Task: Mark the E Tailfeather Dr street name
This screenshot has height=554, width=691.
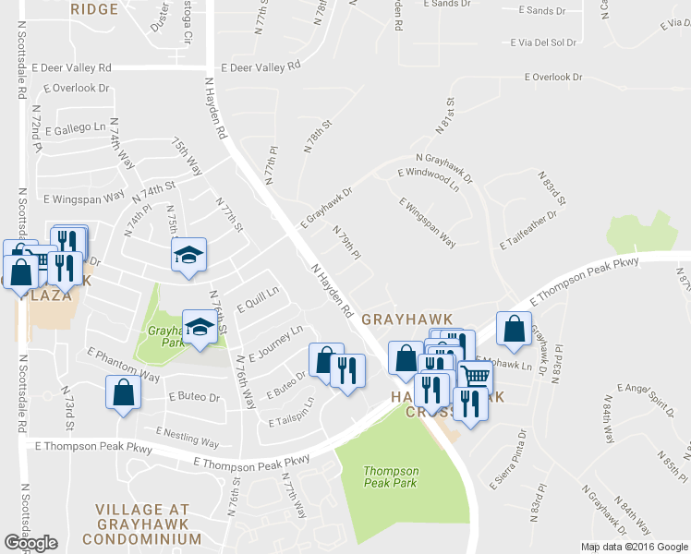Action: [528, 230]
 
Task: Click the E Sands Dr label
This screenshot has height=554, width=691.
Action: [542, 11]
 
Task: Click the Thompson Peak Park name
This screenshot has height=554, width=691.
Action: [390, 476]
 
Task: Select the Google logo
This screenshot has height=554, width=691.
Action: [30, 543]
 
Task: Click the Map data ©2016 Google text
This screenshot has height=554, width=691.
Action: [634, 547]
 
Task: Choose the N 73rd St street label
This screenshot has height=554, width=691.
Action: [68, 402]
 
